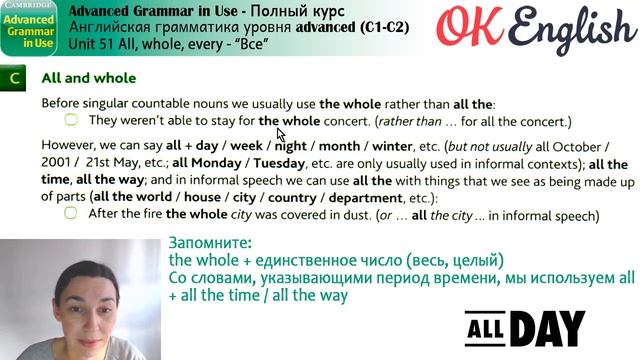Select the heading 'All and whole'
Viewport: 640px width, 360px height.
pos(89,78)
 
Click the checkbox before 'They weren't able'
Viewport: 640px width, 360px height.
pos(71,121)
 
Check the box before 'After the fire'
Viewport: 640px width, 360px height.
pos(71,214)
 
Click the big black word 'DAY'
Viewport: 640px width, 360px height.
pos(549,327)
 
